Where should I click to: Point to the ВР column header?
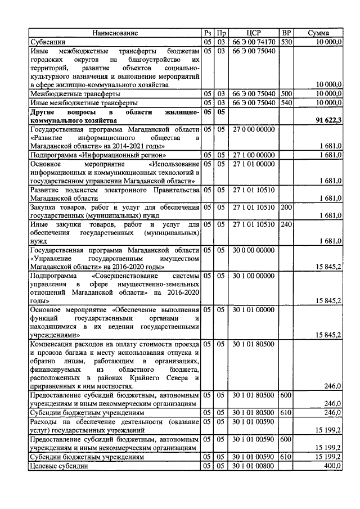(286, 33)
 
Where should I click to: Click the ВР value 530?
(286, 42)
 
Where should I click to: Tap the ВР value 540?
(286, 103)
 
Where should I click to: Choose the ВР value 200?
(286, 207)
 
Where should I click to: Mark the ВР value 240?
(286, 224)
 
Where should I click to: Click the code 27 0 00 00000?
(253, 129)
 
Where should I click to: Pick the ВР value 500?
(286, 94)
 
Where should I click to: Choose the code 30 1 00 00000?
(253, 276)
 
